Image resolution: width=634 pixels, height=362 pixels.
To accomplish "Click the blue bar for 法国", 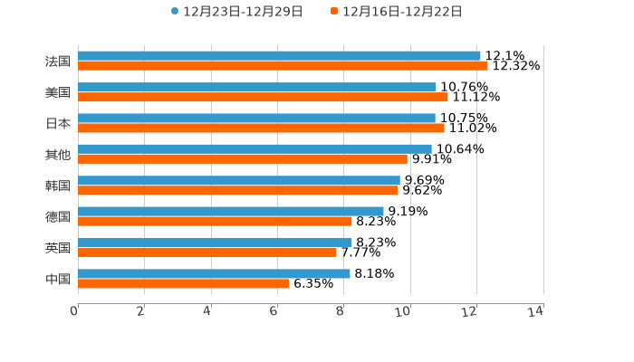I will pyautogui.click(x=279, y=56).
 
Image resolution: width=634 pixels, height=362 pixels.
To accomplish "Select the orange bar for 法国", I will pyautogui.click(x=283, y=66).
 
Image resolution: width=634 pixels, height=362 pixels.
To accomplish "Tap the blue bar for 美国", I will pyautogui.click(x=257, y=87).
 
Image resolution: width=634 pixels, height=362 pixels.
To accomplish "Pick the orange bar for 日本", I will pyautogui.click(x=261, y=128).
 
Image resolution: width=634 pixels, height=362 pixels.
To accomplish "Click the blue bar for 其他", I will pyautogui.click(x=255, y=148).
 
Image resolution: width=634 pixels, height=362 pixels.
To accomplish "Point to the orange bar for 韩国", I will pyautogui.click(x=238, y=190).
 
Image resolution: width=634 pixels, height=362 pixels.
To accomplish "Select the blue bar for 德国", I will pyautogui.click(x=231, y=211).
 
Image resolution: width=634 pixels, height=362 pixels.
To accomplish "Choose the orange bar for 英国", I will pyautogui.click(x=207, y=252).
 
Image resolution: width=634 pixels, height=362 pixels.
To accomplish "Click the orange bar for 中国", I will pyautogui.click(x=184, y=283).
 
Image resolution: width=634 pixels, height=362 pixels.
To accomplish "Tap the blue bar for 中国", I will pyautogui.click(x=214, y=273).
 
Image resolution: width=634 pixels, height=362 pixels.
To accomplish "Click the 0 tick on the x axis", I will pyautogui.click(x=75, y=311).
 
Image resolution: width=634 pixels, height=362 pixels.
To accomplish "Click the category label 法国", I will pyautogui.click(x=58, y=62).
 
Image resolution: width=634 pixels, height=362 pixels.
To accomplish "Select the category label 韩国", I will pyautogui.click(x=58, y=186).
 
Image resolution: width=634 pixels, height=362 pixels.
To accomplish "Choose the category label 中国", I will pyautogui.click(x=58, y=279).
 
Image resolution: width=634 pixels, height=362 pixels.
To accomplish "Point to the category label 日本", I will pyautogui.click(x=58, y=123).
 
